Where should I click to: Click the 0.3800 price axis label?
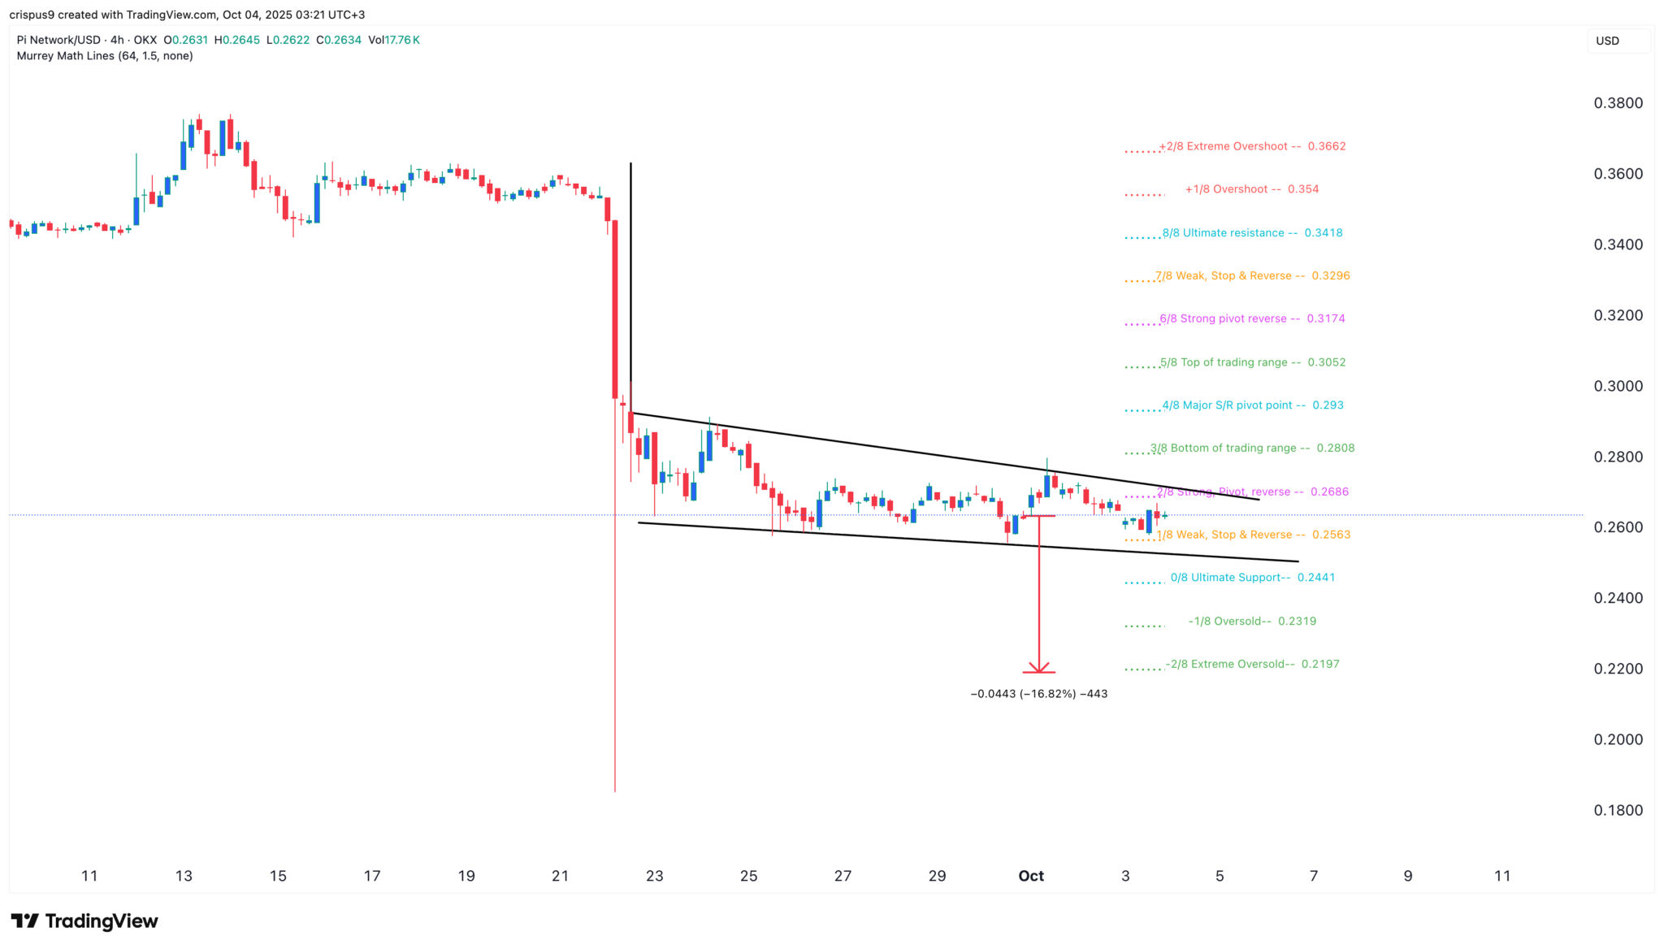tap(1618, 103)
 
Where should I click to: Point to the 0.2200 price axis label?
tap(1618, 669)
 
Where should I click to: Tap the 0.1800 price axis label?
tap(1618, 810)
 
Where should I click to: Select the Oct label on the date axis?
tap(1031, 876)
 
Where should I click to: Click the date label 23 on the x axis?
tap(654, 876)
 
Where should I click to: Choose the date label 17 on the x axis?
tap(371, 876)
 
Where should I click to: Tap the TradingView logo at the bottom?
tap(84, 921)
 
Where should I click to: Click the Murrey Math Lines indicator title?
tap(105, 56)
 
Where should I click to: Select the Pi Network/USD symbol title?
tap(58, 40)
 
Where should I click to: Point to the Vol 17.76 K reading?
tap(394, 40)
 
